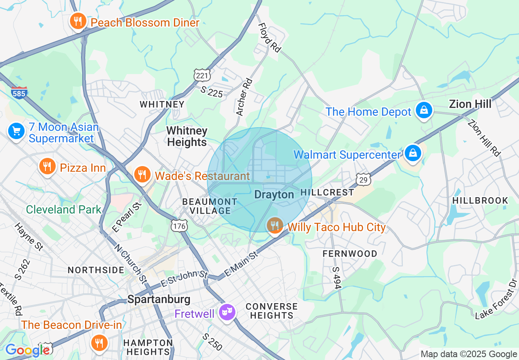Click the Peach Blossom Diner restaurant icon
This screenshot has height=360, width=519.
point(78,21)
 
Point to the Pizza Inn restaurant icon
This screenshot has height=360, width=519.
point(48,166)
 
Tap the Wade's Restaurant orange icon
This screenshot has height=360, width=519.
point(142,175)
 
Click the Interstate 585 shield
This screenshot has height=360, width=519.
point(19,92)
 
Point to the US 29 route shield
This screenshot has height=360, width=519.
point(363,179)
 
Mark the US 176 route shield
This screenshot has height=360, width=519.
point(179,225)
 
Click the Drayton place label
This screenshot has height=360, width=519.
point(274,195)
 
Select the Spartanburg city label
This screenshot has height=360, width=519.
point(159,299)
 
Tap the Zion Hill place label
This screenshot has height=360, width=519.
point(470,104)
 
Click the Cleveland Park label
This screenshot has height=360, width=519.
point(63,209)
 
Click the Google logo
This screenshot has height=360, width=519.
point(27,350)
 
